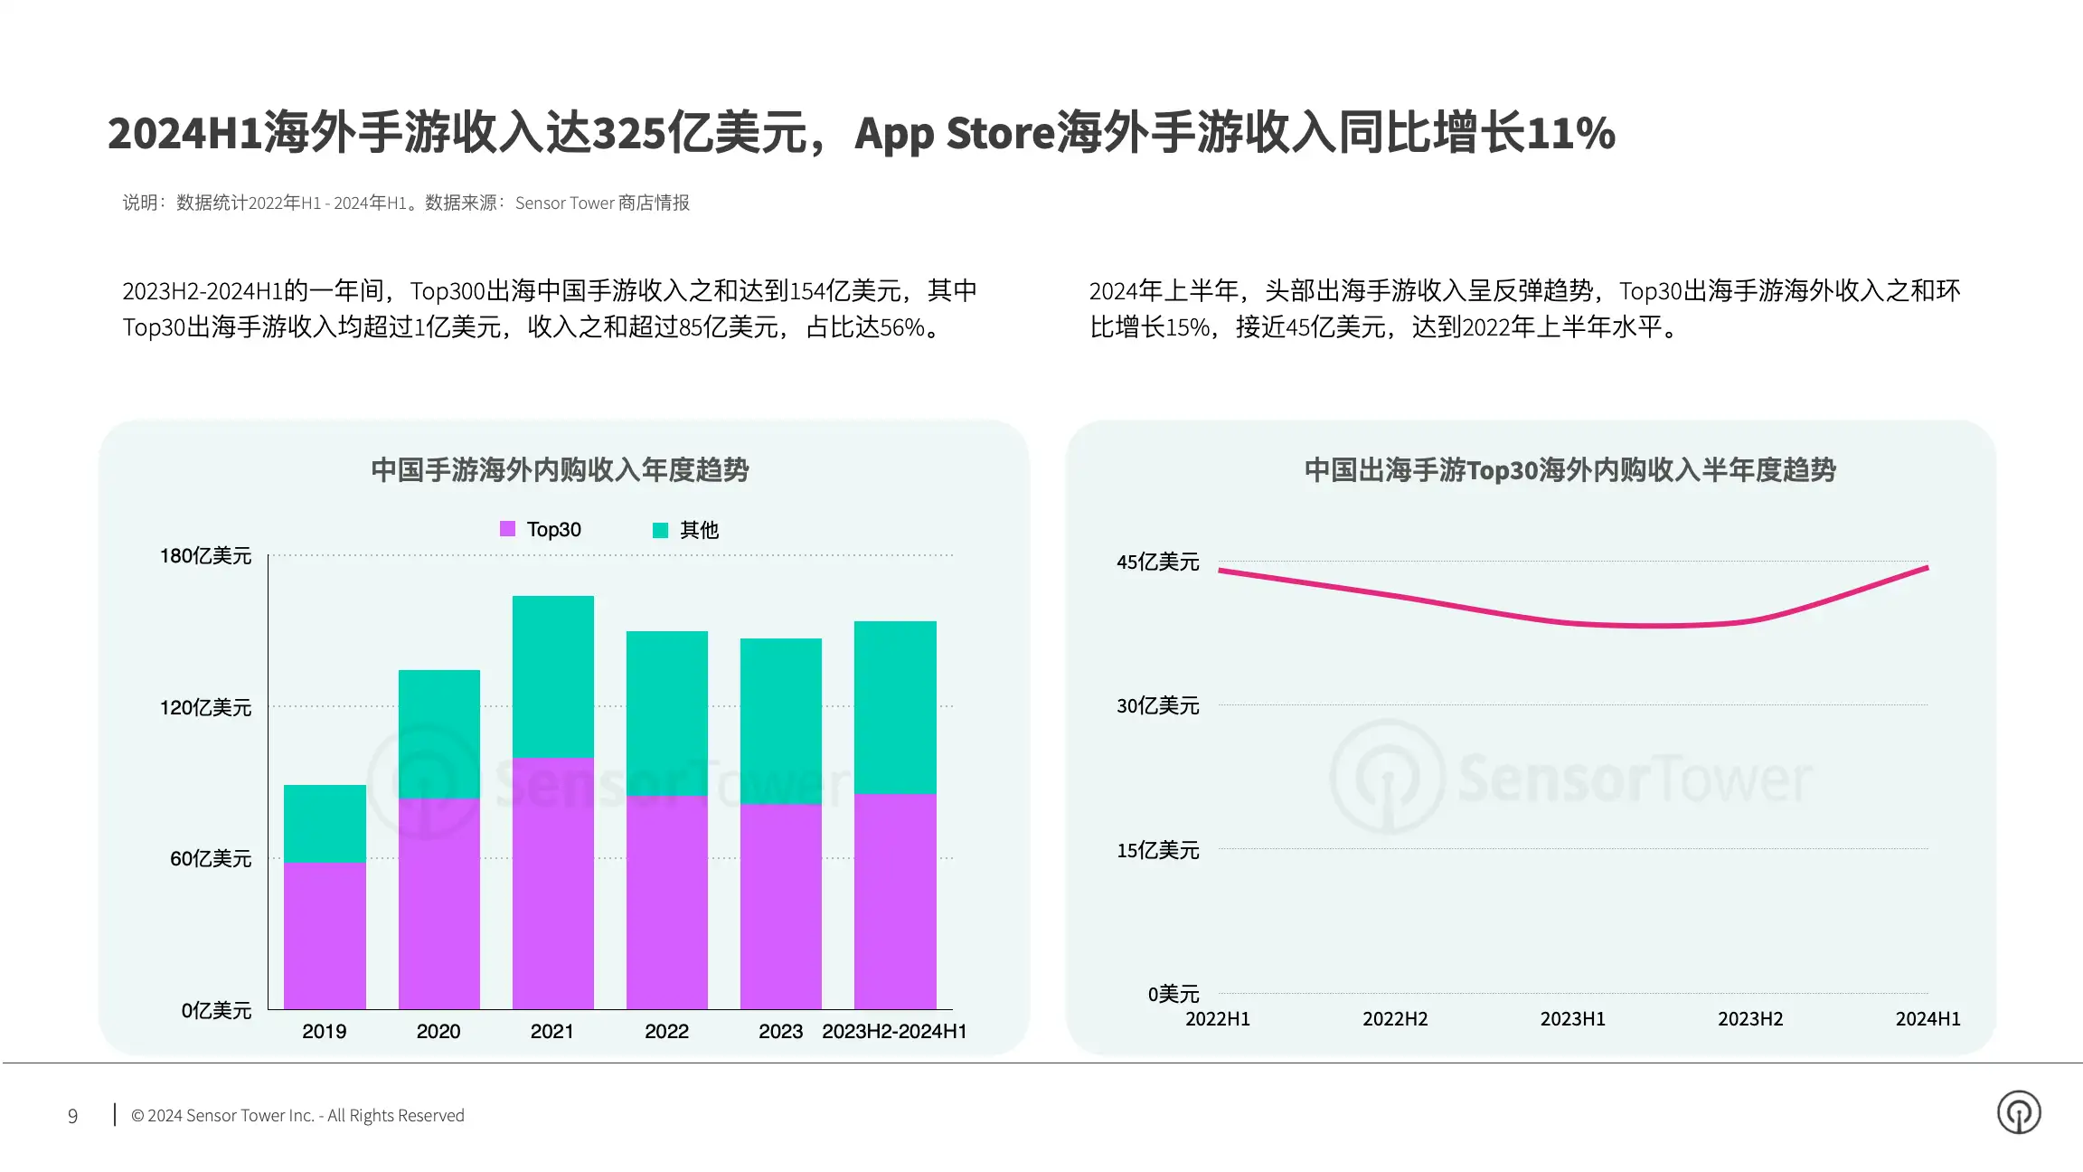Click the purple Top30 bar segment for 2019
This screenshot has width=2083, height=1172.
(325, 935)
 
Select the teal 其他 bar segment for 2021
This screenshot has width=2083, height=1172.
(553, 676)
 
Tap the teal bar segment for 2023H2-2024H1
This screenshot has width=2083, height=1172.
(895, 707)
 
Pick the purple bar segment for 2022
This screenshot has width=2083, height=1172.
(667, 903)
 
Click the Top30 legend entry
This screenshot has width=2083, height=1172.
(541, 529)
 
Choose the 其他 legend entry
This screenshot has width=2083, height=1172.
(685, 530)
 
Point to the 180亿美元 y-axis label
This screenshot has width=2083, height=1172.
(206, 555)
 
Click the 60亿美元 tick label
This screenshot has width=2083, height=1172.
(211, 858)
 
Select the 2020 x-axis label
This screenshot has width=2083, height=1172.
(438, 1031)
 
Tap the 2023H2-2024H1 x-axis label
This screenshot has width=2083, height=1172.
(894, 1031)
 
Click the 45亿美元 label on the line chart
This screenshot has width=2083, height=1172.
(1158, 562)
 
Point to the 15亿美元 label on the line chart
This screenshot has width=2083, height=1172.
(1158, 850)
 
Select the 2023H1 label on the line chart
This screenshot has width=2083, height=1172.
(1573, 1019)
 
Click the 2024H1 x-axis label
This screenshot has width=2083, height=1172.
(1928, 1019)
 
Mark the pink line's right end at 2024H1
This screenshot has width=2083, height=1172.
(1927, 568)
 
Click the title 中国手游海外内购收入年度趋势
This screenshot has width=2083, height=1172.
(560, 470)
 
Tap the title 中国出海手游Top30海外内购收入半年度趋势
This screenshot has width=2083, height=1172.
(1570, 470)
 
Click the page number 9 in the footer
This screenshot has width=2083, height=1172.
(73, 1116)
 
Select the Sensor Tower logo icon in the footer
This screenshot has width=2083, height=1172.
(2019, 1112)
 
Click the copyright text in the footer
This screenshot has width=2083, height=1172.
(297, 1116)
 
